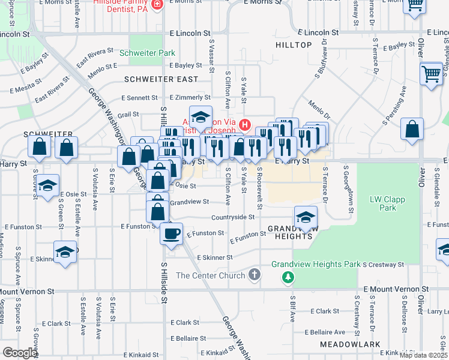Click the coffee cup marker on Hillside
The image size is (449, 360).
pos(171,232)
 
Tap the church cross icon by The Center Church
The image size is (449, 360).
pos(254,275)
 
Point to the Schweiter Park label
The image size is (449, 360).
pos(147,53)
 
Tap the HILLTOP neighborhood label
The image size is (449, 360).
pos(294,45)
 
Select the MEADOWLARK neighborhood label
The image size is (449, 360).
pos(350,344)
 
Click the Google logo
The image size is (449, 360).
pos(20,353)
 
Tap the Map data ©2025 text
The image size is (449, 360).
pos(423,355)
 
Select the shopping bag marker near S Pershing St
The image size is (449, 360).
pos(412,129)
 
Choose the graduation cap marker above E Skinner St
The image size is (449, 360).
pos(65,253)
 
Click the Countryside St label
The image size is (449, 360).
pos(234,217)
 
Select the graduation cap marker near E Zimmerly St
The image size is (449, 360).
pos(201,116)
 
